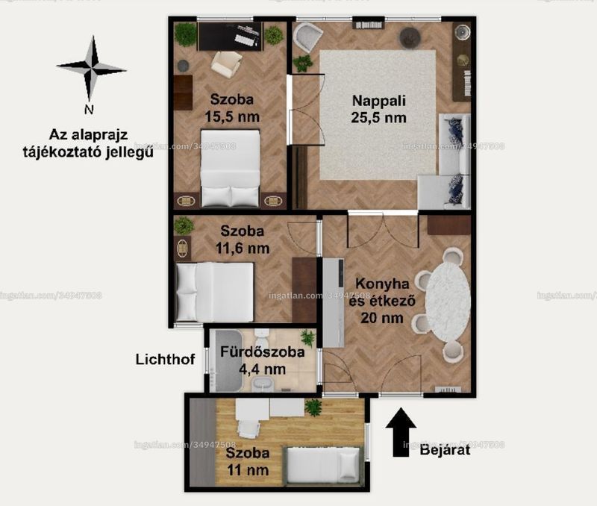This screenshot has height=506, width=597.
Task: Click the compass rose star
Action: (91, 69)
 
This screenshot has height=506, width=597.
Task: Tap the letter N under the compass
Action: (89, 110)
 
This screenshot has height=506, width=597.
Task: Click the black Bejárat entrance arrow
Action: (401, 432)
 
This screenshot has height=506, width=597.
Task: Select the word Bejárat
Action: (445, 450)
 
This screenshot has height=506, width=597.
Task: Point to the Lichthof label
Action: (165, 360)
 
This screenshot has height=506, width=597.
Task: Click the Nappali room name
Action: (379, 101)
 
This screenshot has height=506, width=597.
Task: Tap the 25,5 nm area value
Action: (379, 118)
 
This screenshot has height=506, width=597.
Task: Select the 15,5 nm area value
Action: (232, 116)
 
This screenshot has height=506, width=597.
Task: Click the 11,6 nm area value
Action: (243, 249)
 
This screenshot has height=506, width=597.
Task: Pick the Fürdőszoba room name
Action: (263, 352)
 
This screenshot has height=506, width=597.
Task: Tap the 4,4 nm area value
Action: (263, 369)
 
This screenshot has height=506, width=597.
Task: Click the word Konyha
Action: (378, 284)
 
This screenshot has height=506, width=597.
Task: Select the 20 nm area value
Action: (382, 317)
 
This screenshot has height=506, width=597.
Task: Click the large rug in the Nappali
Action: (378, 115)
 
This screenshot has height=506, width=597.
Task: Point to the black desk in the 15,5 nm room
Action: (230, 36)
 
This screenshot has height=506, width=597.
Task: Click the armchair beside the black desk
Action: (227, 64)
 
